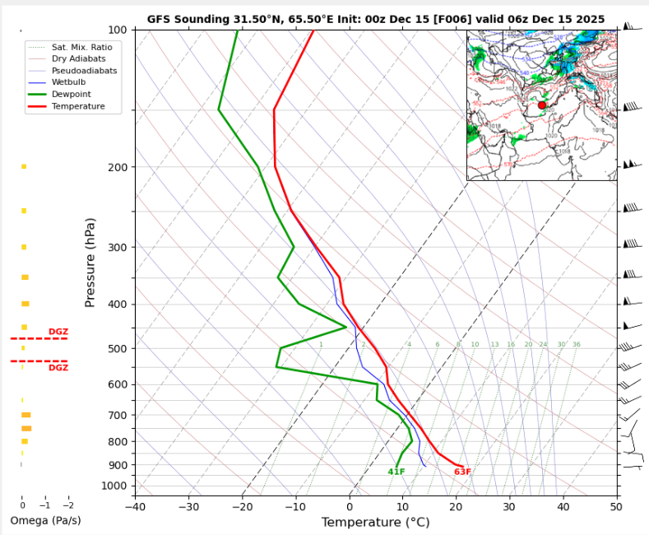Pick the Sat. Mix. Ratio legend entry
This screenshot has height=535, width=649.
click(81, 47)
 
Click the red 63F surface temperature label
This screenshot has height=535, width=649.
click(462, 472)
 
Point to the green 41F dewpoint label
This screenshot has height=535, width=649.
click(396, 472)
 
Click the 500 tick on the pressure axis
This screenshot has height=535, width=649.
click(116, 349)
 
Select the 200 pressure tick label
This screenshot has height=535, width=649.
click(116, 168)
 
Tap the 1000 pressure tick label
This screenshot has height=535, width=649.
click(114, 486)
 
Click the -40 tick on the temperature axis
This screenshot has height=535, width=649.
click(136, 505)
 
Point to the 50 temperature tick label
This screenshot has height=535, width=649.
click(616, 505)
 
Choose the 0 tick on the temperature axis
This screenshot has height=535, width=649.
click(350, 505)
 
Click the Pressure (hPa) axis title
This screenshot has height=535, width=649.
click(90, 263)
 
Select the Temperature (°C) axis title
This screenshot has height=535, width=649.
click(375, 522)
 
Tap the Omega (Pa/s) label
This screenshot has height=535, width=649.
click(45, 521)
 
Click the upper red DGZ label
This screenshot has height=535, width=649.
click(58, 332)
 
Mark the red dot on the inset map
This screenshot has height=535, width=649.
click(542, 105)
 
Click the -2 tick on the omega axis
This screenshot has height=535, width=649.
click(67, 505)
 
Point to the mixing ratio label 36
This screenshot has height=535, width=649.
click(577, 345)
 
